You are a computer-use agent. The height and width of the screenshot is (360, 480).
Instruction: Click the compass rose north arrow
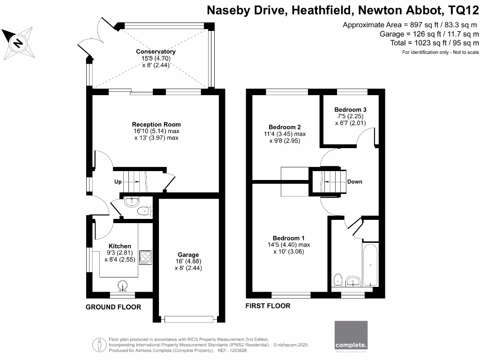(x=17, y=42)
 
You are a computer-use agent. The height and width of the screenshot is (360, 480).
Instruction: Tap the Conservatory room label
(x=156, y=52)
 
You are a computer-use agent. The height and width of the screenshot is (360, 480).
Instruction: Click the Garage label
(x=188, y=255)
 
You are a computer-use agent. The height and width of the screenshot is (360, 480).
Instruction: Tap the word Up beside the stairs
(x=118, y=181)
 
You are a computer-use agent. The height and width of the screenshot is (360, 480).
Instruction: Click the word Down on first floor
(x=354, y=181)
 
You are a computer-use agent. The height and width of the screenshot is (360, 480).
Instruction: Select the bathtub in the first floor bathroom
(x=370, y=265)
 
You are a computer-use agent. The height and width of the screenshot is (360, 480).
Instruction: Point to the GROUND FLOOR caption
(x=113, y=307)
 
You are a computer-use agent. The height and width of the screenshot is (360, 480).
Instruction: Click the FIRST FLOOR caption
(x=268, y=306)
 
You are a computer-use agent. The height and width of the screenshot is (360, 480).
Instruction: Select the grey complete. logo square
(x=351, y=336)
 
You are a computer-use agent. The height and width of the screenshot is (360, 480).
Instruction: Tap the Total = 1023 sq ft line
(x=434, y=43)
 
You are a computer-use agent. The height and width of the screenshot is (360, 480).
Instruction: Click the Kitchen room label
(x=120, y=246)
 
